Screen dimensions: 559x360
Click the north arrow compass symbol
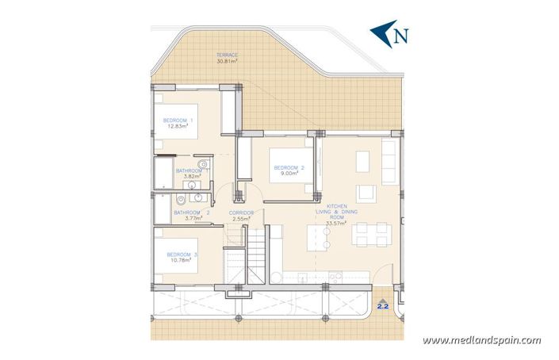point(389,34)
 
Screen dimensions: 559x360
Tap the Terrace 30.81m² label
point(227,58)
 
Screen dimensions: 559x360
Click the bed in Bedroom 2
point(291,166)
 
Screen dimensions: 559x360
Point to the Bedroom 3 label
point(182,255)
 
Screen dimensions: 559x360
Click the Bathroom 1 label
point(191,170)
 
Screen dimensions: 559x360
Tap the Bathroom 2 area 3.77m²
point(194,219)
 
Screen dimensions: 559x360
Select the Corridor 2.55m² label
point(241,216)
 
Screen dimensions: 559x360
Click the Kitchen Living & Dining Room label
point(336,214)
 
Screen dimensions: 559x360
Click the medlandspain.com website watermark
point(481,340)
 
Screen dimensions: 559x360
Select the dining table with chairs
point(372,234)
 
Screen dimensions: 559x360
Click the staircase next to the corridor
point(256,255)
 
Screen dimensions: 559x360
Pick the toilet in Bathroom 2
point(181,199)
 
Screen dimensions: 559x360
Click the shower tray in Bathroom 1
point(163,173)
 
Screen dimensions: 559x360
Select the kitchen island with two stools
point(319,238)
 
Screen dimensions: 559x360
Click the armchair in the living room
point(366,193)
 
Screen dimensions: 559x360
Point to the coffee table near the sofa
point(362,162)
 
